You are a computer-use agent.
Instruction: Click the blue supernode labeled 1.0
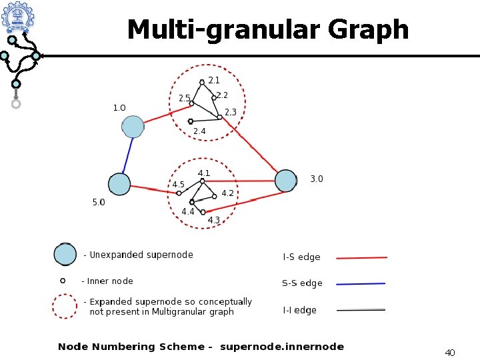(x=133, y=127)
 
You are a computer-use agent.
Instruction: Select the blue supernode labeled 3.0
(x=286, y=181)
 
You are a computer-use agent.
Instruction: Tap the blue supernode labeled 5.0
(x=119, y=185)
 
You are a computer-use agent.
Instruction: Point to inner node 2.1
(x=202, y=83)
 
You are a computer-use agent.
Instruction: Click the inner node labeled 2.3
(x=219, y=117)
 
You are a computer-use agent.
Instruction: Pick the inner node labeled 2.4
(x=191, y=121)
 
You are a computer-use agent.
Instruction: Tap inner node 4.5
(x=179, y=193)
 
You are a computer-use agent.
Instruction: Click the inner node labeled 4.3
(x=203, y=212)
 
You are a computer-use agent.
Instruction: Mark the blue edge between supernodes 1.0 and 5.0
(x=126, y=156)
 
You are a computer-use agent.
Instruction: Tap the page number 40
(x=449, y=352)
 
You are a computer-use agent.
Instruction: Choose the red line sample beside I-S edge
(x=361, y=257)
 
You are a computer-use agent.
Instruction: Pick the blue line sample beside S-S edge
(x=361, y=284)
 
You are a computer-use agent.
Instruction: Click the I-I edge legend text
(x=300, y=310)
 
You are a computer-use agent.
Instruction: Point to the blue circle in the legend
(x=65, y=255)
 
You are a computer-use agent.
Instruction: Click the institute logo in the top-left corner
(x=17, y=18)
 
